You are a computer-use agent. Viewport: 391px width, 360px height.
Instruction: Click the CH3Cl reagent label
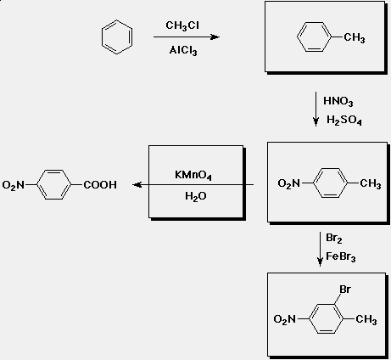coord(182,25)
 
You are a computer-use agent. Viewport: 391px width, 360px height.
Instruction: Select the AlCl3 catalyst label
coord(183,50)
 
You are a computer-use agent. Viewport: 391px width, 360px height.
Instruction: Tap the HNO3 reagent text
coord(338,101)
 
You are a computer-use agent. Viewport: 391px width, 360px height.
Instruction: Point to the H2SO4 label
coord(344,120)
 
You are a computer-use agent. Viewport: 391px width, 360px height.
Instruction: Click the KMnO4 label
coord(193,175)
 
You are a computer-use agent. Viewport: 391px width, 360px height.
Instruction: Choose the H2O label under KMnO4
coord(196,196)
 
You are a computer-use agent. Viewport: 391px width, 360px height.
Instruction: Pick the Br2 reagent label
coord(334,238)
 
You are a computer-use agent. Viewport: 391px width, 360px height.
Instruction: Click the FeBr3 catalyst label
coord(341,256)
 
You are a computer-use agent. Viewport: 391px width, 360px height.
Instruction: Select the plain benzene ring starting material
coord(117,37)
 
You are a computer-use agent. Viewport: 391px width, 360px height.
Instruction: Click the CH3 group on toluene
coord(355,37)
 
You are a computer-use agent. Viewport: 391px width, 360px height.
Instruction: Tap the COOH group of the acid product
coord(100,185)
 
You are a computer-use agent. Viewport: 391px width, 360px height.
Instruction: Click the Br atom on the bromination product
coord(345,290)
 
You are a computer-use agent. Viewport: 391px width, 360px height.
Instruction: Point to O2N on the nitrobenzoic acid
coord(13,185)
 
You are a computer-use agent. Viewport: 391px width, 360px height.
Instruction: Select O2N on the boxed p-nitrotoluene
coord(288,183)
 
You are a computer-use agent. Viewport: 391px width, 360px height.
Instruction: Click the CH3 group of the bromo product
coord(366,319)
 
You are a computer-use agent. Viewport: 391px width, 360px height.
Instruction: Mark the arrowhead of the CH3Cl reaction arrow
coord(215,37)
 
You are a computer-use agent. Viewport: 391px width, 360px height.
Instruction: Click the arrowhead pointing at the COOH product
coord(137,185)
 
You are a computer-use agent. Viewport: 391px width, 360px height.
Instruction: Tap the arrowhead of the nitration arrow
coord(316,121)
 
